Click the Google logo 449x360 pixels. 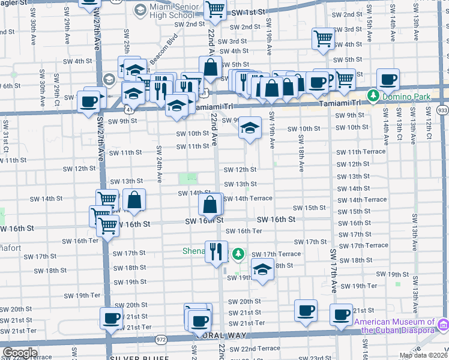pyautogui.click(x=20, y=353)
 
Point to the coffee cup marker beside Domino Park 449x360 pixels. pyautogui.click(x=388, y=79)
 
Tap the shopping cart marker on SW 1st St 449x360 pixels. pyautogui.click(x=214, y=10)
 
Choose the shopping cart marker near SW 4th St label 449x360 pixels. pyautogui.click(x=323, y=38)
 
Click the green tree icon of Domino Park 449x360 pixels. pyautogui.click(x=373, y=95)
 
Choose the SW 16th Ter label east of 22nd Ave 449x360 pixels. pyautogui.click(x=246, y=231)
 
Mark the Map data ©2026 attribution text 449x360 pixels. pyautogui.click(x=423, y=355)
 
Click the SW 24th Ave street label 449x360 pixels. pyautogui.click(x=159, y=163)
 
